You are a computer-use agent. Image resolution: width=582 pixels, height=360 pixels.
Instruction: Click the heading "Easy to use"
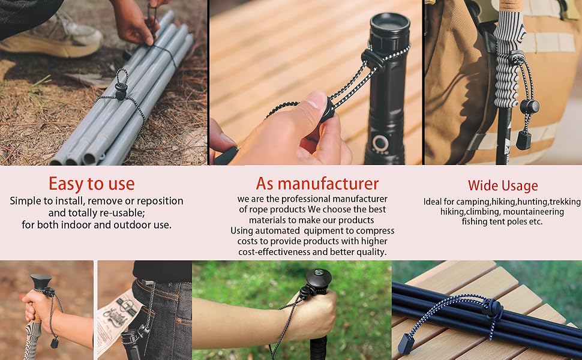pos(92,184)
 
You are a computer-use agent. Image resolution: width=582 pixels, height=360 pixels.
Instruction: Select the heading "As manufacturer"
pos(317,184)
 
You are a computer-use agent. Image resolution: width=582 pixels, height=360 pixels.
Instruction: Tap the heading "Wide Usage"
pos(503,185)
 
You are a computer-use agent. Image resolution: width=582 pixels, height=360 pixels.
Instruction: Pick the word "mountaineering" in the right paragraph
pos(533,212)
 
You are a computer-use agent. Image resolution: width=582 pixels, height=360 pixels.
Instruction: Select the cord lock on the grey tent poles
pos(121,91)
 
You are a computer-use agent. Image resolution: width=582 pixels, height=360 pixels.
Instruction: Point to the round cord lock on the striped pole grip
pos(529,107)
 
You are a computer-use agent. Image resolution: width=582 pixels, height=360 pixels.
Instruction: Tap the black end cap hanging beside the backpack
pos(524,140)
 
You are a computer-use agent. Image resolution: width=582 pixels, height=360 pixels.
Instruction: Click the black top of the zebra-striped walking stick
pos(40,282)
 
